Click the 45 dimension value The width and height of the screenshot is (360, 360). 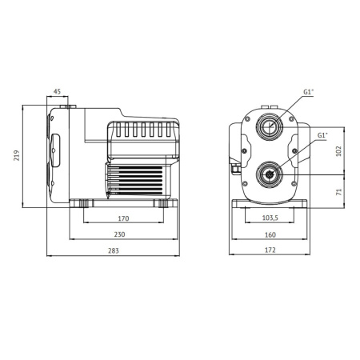click(57, 91)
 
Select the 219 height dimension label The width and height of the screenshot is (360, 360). click(17, 155)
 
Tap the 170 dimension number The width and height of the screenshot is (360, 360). click(123, 218)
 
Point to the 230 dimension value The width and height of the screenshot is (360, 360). click(119, 234)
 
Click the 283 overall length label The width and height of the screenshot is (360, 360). click(114, 251)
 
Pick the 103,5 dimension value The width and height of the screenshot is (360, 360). click(270, 218)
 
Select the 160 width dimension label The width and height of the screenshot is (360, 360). click(270, 235)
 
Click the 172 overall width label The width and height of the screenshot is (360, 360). click(270, 250)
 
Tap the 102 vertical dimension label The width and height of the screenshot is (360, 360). click(338, 151)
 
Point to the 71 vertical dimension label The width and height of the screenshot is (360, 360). click(338, 192)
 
